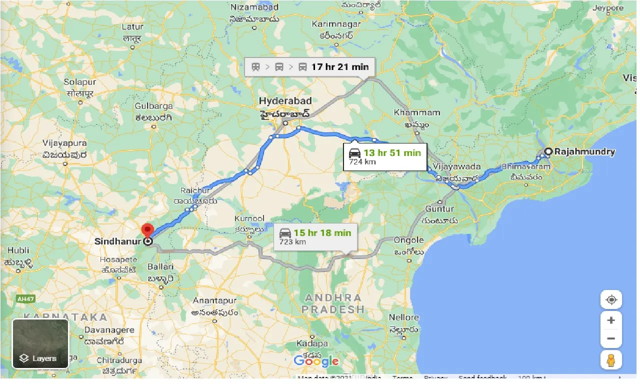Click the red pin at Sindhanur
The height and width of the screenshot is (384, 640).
147,230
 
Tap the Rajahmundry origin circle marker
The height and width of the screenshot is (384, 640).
548,151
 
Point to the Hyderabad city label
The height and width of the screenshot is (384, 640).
285,101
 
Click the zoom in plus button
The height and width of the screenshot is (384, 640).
611,320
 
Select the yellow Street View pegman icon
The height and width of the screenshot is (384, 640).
611,360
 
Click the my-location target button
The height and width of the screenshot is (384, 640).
611,299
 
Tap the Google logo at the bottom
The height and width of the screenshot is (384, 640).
316,361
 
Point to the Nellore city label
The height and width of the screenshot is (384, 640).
403,317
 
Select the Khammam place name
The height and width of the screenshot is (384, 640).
417,112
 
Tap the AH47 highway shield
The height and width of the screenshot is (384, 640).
25,298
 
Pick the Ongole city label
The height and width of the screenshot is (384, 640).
409,240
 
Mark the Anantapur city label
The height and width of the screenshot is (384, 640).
214,301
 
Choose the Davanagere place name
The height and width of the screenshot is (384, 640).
109,330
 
